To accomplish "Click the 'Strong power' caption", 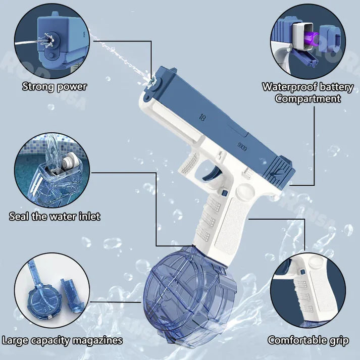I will [54, 86].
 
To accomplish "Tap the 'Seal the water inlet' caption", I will [55, 216].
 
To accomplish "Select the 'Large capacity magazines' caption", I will [62, 340].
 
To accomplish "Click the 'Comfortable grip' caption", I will [308, 340].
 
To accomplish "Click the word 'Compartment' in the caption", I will [307, 98].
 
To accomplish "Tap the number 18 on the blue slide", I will [202, 118].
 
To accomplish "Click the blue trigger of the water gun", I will [208, 174].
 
